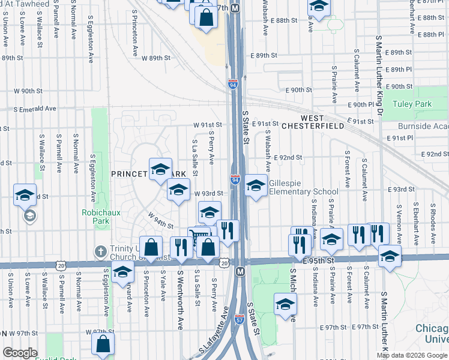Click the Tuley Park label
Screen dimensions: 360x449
click(412, 104)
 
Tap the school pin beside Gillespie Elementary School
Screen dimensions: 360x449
click(256, 186)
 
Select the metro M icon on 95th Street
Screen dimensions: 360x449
click(241, 272)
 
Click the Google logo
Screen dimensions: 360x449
click(20, 353)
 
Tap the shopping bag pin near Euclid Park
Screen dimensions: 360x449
click(103, 344)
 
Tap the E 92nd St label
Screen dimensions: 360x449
click(288, 158)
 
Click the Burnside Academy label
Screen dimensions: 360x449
click(423, 127)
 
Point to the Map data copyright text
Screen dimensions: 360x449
click(412, 355)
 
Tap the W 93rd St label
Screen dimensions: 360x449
click(208, 193)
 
